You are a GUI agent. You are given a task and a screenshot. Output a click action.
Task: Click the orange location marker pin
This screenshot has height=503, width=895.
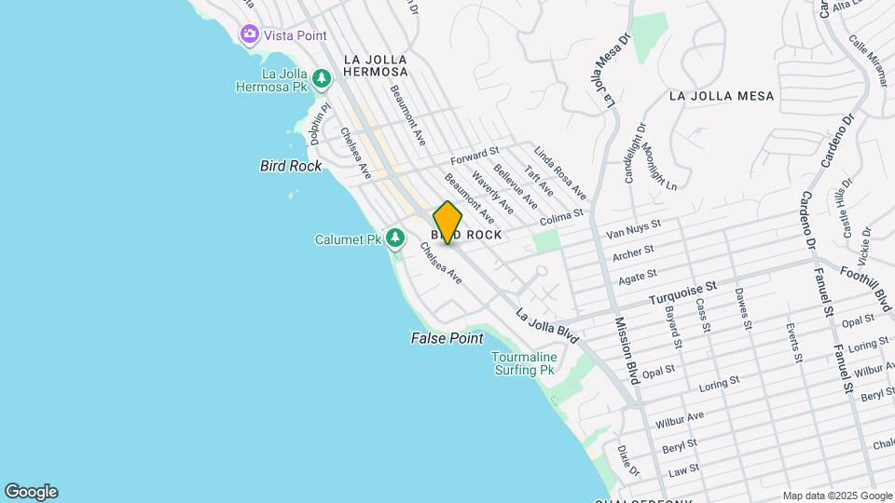click(x=447, y=223)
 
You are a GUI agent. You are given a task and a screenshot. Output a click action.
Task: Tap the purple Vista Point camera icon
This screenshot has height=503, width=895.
click(x=249, y=34)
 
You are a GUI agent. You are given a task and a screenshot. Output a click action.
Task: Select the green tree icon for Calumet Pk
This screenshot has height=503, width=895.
click(x=396, y=239)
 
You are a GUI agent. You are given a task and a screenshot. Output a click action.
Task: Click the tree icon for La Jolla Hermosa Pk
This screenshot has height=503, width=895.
click(x=322, y=79)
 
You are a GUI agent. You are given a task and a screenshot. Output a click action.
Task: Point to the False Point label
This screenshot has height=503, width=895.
click(x=447, y=339)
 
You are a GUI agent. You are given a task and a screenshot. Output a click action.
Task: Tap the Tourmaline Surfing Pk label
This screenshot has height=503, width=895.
click(x=524, y=363)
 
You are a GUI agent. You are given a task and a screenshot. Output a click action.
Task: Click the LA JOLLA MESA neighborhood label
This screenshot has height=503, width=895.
click(x=722, y=95)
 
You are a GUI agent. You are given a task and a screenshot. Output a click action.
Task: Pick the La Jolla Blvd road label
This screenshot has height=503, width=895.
click(x=547, y=326)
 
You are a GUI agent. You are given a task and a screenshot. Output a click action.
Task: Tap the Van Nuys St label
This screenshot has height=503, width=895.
click(x=633, y=226)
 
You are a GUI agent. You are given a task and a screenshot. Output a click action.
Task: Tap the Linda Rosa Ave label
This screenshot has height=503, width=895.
click(x=559, y=171)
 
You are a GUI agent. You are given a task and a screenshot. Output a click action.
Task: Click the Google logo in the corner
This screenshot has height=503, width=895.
click(x=31, y=492)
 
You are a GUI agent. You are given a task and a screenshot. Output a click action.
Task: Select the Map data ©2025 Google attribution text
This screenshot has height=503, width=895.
click(x=837, y=496)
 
